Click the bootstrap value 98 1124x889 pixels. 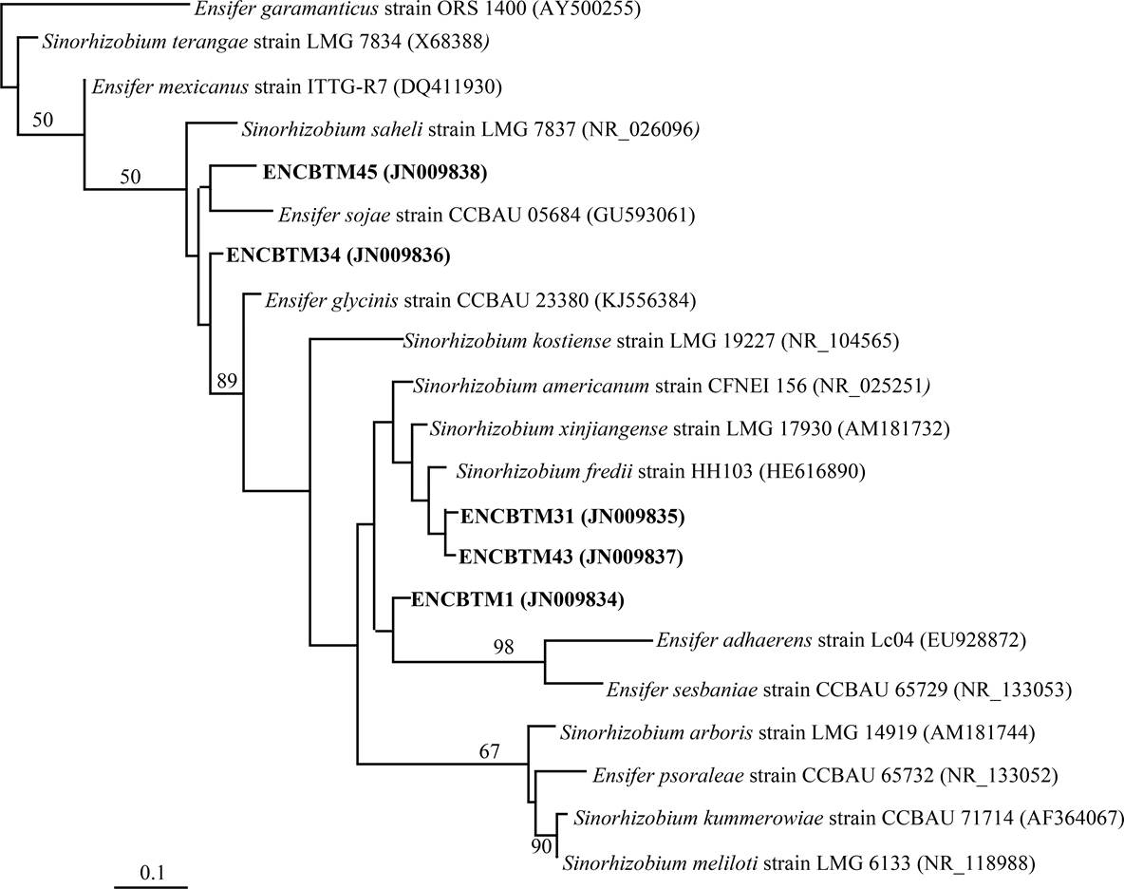coord(503,648)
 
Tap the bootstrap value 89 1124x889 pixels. coord(226,381)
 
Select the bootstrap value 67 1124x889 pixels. coord(489,752)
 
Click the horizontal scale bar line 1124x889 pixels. coord(151,886)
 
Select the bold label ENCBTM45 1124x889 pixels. coord(319,173)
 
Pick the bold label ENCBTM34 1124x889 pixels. coord(283,255)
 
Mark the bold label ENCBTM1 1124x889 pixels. coord(464,599)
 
